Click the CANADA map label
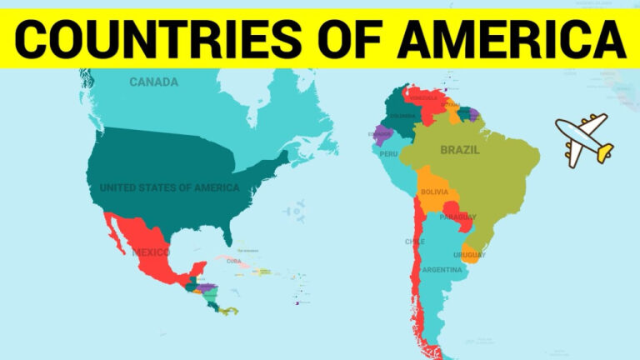pos(153,82)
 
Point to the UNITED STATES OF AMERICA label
pos(169,187)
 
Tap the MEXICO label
pos(150,252)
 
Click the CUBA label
pos(234,261)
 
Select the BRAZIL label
pos(459,151)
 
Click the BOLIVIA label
pos(434,192)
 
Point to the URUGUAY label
pos(469,254)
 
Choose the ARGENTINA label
pos(442,269)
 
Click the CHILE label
pos(414,242)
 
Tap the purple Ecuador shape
pos(382,133)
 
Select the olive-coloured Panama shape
pos(227,311)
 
